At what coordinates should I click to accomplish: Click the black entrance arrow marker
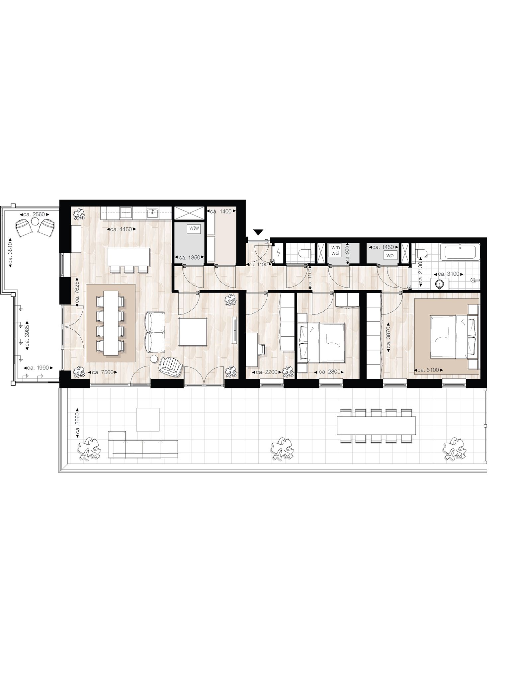(258, 232)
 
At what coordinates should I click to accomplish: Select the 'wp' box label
(390, 256)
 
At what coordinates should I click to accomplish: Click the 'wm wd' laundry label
(336, 250)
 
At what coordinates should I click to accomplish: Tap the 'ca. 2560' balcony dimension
(34, 214)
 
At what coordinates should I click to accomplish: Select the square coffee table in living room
(193, 332)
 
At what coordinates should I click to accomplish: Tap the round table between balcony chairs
(35, 222)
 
